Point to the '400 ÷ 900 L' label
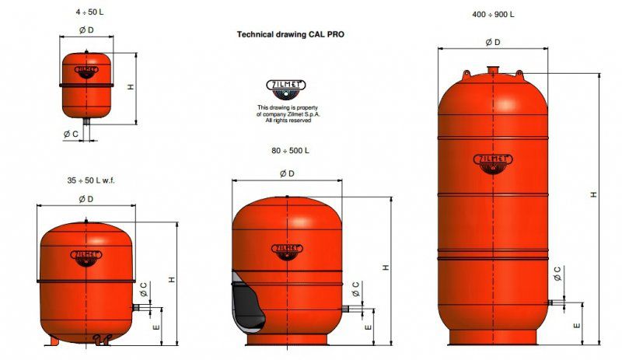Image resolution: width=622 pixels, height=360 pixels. (x=493, y=15)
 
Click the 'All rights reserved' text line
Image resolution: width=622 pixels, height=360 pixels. (x=288, y=121)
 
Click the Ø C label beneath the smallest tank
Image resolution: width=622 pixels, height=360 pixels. (x=70, y=134)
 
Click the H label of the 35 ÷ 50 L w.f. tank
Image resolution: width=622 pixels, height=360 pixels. (x=171, y=278)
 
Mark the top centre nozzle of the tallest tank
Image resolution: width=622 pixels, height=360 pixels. (x=492, y=71)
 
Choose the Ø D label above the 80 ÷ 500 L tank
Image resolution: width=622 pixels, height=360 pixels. (x=286, y=173)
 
